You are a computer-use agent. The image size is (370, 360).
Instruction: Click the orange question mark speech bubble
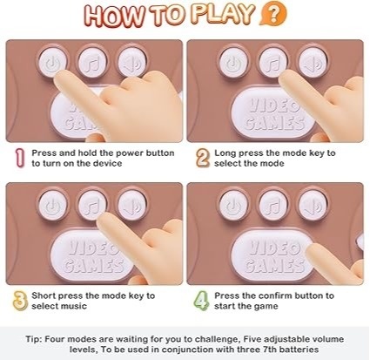click(x=273, y=13)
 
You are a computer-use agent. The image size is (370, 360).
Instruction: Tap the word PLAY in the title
click(x=224, y=14)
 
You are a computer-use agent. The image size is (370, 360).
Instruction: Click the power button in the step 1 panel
click(x=53, y=62)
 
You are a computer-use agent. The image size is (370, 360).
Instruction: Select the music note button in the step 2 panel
click(x=272, y=63)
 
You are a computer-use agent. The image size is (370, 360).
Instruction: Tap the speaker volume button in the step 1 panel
click(x=131, y=62)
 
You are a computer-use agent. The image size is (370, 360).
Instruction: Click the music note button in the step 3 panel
click(x=92, y=205)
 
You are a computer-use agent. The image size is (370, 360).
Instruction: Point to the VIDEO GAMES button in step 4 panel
click(x=272, y=257)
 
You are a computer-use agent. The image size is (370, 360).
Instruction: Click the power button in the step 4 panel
click(x=233, y=205)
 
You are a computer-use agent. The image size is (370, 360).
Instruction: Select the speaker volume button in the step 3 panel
click(x=131, y=205)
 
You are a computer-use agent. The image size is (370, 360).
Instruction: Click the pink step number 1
click(x=19, y=158)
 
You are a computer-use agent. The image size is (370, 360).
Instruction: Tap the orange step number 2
click(x=203, y=158)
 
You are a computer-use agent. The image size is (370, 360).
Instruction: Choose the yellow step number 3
click(x=20, y=301)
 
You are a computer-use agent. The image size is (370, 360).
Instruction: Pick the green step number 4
click(x=201, y=301)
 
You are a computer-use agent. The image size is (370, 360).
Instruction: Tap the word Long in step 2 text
click(x=225, y=153)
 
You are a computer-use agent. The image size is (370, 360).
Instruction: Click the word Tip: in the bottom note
click(x=34, y=339)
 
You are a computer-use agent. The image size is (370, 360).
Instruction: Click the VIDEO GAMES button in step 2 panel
click(x=272, y=114)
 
